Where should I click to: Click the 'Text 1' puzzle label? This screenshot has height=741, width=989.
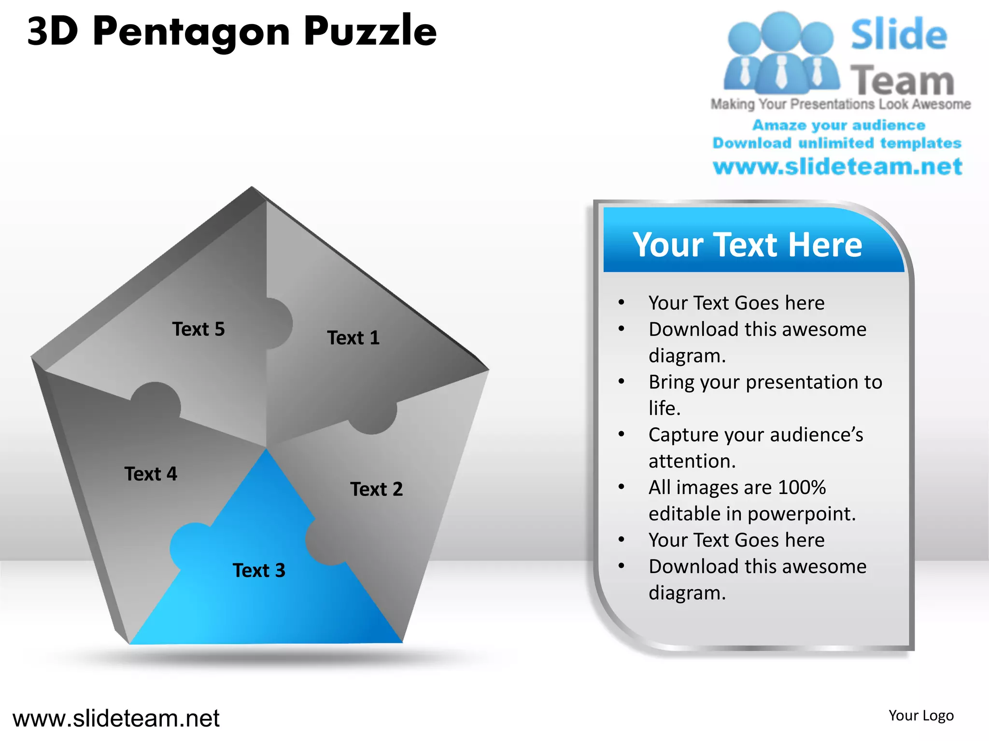click(x=353, y=338)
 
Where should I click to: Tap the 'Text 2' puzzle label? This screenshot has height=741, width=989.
click(x=376, y=489)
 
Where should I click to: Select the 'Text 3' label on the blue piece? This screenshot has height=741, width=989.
click(x=259, y=570)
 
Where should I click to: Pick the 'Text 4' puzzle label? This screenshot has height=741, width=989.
click(x=151, y=474)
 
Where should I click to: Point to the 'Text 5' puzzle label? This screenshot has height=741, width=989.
click(x=198, y=329)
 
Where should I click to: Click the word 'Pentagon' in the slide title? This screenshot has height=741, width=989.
click(x=191, y=32)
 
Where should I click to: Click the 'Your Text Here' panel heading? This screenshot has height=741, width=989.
click(x=747, y=245)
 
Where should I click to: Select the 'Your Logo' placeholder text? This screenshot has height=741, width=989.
click(x=921, y=715)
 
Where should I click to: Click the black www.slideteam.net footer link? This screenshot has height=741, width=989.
click(x=116, y=718)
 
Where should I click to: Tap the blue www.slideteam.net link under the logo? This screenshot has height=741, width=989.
click(x=837, y=166)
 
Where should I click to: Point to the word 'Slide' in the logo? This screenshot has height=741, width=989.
click(x=899, y=35)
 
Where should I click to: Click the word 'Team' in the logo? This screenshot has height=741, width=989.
click(x=902, y=80)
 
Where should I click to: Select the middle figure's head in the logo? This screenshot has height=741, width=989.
click(x=781, y=30)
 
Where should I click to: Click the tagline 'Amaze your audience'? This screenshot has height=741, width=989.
click(x=839, y=125)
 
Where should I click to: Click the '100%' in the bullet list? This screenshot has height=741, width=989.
click(x=802, y=487)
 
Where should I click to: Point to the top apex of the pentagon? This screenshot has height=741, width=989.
click(x=252, y=188)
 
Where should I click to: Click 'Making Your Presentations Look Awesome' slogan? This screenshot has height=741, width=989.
click(x=840, y=104)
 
